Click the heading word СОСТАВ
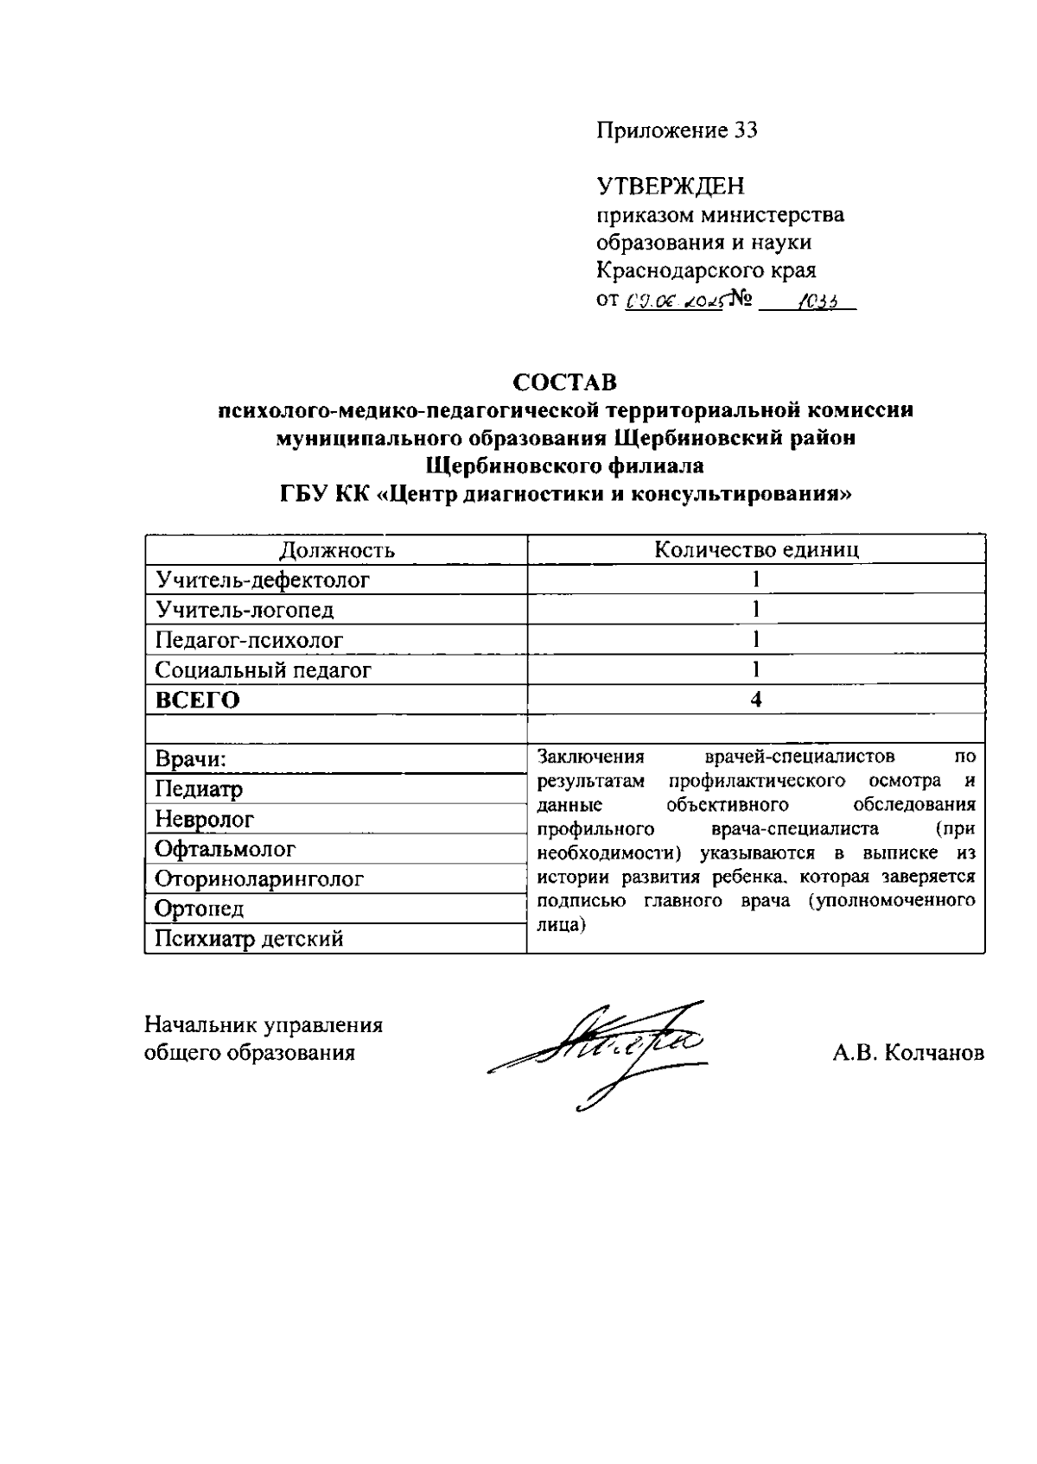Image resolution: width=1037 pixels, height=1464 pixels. [565, 382]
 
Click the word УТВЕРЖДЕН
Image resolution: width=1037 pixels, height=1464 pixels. [670, 186]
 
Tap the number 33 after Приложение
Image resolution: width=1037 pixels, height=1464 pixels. [745, 130]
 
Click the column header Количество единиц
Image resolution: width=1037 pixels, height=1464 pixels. [756, 550]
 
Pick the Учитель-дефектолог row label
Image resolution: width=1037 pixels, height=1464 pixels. [263, 580]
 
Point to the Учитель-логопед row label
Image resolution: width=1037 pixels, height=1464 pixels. [245, 610]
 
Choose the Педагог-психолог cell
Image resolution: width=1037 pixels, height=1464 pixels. [249, 640]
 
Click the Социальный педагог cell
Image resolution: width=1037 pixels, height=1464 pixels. [264, 670]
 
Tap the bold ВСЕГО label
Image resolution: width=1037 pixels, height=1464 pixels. [197, 700]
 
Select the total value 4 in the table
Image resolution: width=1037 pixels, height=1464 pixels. [756, 700]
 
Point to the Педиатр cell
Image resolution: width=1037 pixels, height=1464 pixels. [199, 789]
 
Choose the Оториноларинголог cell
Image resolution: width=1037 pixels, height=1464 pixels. [259, 879]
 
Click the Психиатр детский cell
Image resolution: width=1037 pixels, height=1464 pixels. [249, 939]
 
